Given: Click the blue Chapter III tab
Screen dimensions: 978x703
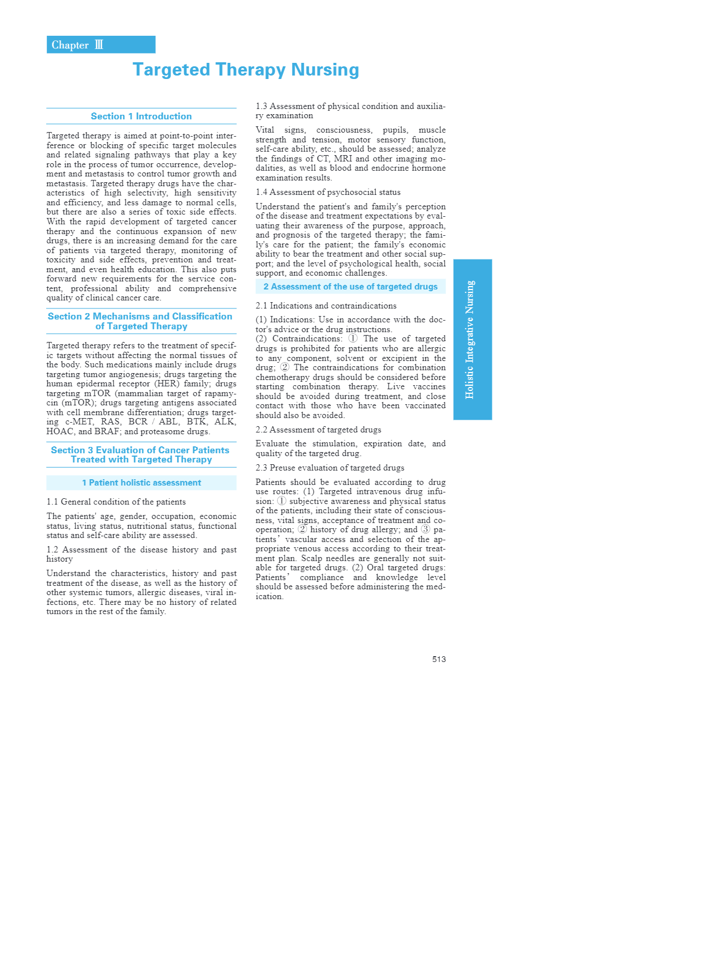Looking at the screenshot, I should click(100, 45).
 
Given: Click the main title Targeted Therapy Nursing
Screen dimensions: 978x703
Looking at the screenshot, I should click(245, 70).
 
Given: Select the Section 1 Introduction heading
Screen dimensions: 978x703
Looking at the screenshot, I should click(141, 116).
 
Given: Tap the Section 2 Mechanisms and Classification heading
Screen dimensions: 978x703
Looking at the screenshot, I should click(140, 321).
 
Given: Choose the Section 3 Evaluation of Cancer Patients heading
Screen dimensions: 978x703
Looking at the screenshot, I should click(140, 455).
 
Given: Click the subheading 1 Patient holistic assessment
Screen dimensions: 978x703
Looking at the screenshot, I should click(141, 483).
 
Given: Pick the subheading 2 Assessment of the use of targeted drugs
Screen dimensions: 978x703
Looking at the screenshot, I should click(350, 287).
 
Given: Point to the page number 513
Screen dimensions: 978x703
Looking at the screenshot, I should click(439, 659).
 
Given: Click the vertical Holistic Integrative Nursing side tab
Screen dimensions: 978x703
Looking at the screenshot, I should click(472, 340).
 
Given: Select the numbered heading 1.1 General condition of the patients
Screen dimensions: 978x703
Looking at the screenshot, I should click(116, 502).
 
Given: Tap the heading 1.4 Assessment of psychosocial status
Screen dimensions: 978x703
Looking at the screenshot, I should click(328, 192).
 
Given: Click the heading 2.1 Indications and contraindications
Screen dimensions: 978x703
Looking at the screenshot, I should click(326, 306).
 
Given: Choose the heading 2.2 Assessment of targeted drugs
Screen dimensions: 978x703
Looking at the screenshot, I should click(318, 430).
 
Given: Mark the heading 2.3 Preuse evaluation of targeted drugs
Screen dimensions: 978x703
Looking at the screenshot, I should click(330, 468).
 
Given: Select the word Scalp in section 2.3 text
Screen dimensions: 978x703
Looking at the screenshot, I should click(312, 558).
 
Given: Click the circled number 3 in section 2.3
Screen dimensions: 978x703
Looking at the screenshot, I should click(425, 529).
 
